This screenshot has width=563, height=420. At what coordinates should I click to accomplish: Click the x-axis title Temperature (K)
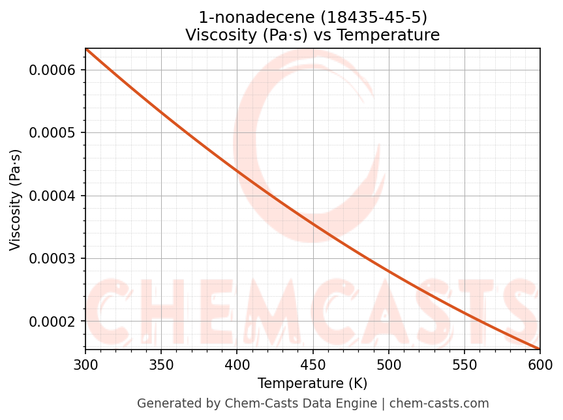tap(312, 383)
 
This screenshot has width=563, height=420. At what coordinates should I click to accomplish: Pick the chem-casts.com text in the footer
tap(439, 404)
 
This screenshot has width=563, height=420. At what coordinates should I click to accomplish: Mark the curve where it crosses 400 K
tap(237, 172)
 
